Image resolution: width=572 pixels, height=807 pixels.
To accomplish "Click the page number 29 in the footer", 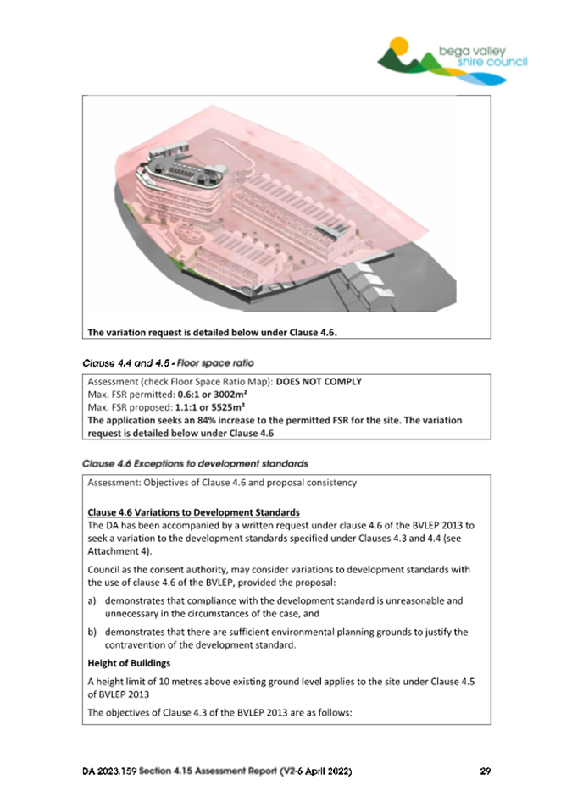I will [485, 771].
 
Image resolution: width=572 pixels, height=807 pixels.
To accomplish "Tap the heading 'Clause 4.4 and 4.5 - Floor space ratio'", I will [169, 362].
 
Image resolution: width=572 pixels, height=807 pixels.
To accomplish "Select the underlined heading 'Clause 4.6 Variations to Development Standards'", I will [192, 512].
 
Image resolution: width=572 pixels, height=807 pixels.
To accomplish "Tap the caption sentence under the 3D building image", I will [213, 332].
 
